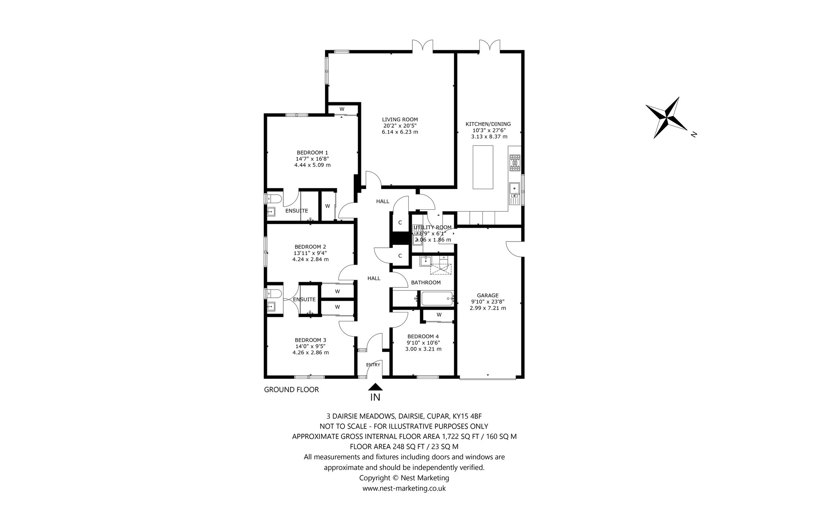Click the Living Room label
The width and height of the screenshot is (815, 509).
400,119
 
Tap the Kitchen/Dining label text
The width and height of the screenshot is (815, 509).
488,124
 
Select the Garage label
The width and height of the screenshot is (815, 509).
488,295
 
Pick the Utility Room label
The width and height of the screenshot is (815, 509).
433,227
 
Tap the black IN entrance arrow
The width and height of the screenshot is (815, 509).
375,386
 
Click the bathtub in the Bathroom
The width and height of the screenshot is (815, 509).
437,298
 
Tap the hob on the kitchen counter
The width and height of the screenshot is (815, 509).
515,163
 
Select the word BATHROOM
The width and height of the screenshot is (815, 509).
426,283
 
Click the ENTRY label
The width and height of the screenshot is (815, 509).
373,365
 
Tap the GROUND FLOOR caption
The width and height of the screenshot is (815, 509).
292,390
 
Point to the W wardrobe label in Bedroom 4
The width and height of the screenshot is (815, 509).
439,315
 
